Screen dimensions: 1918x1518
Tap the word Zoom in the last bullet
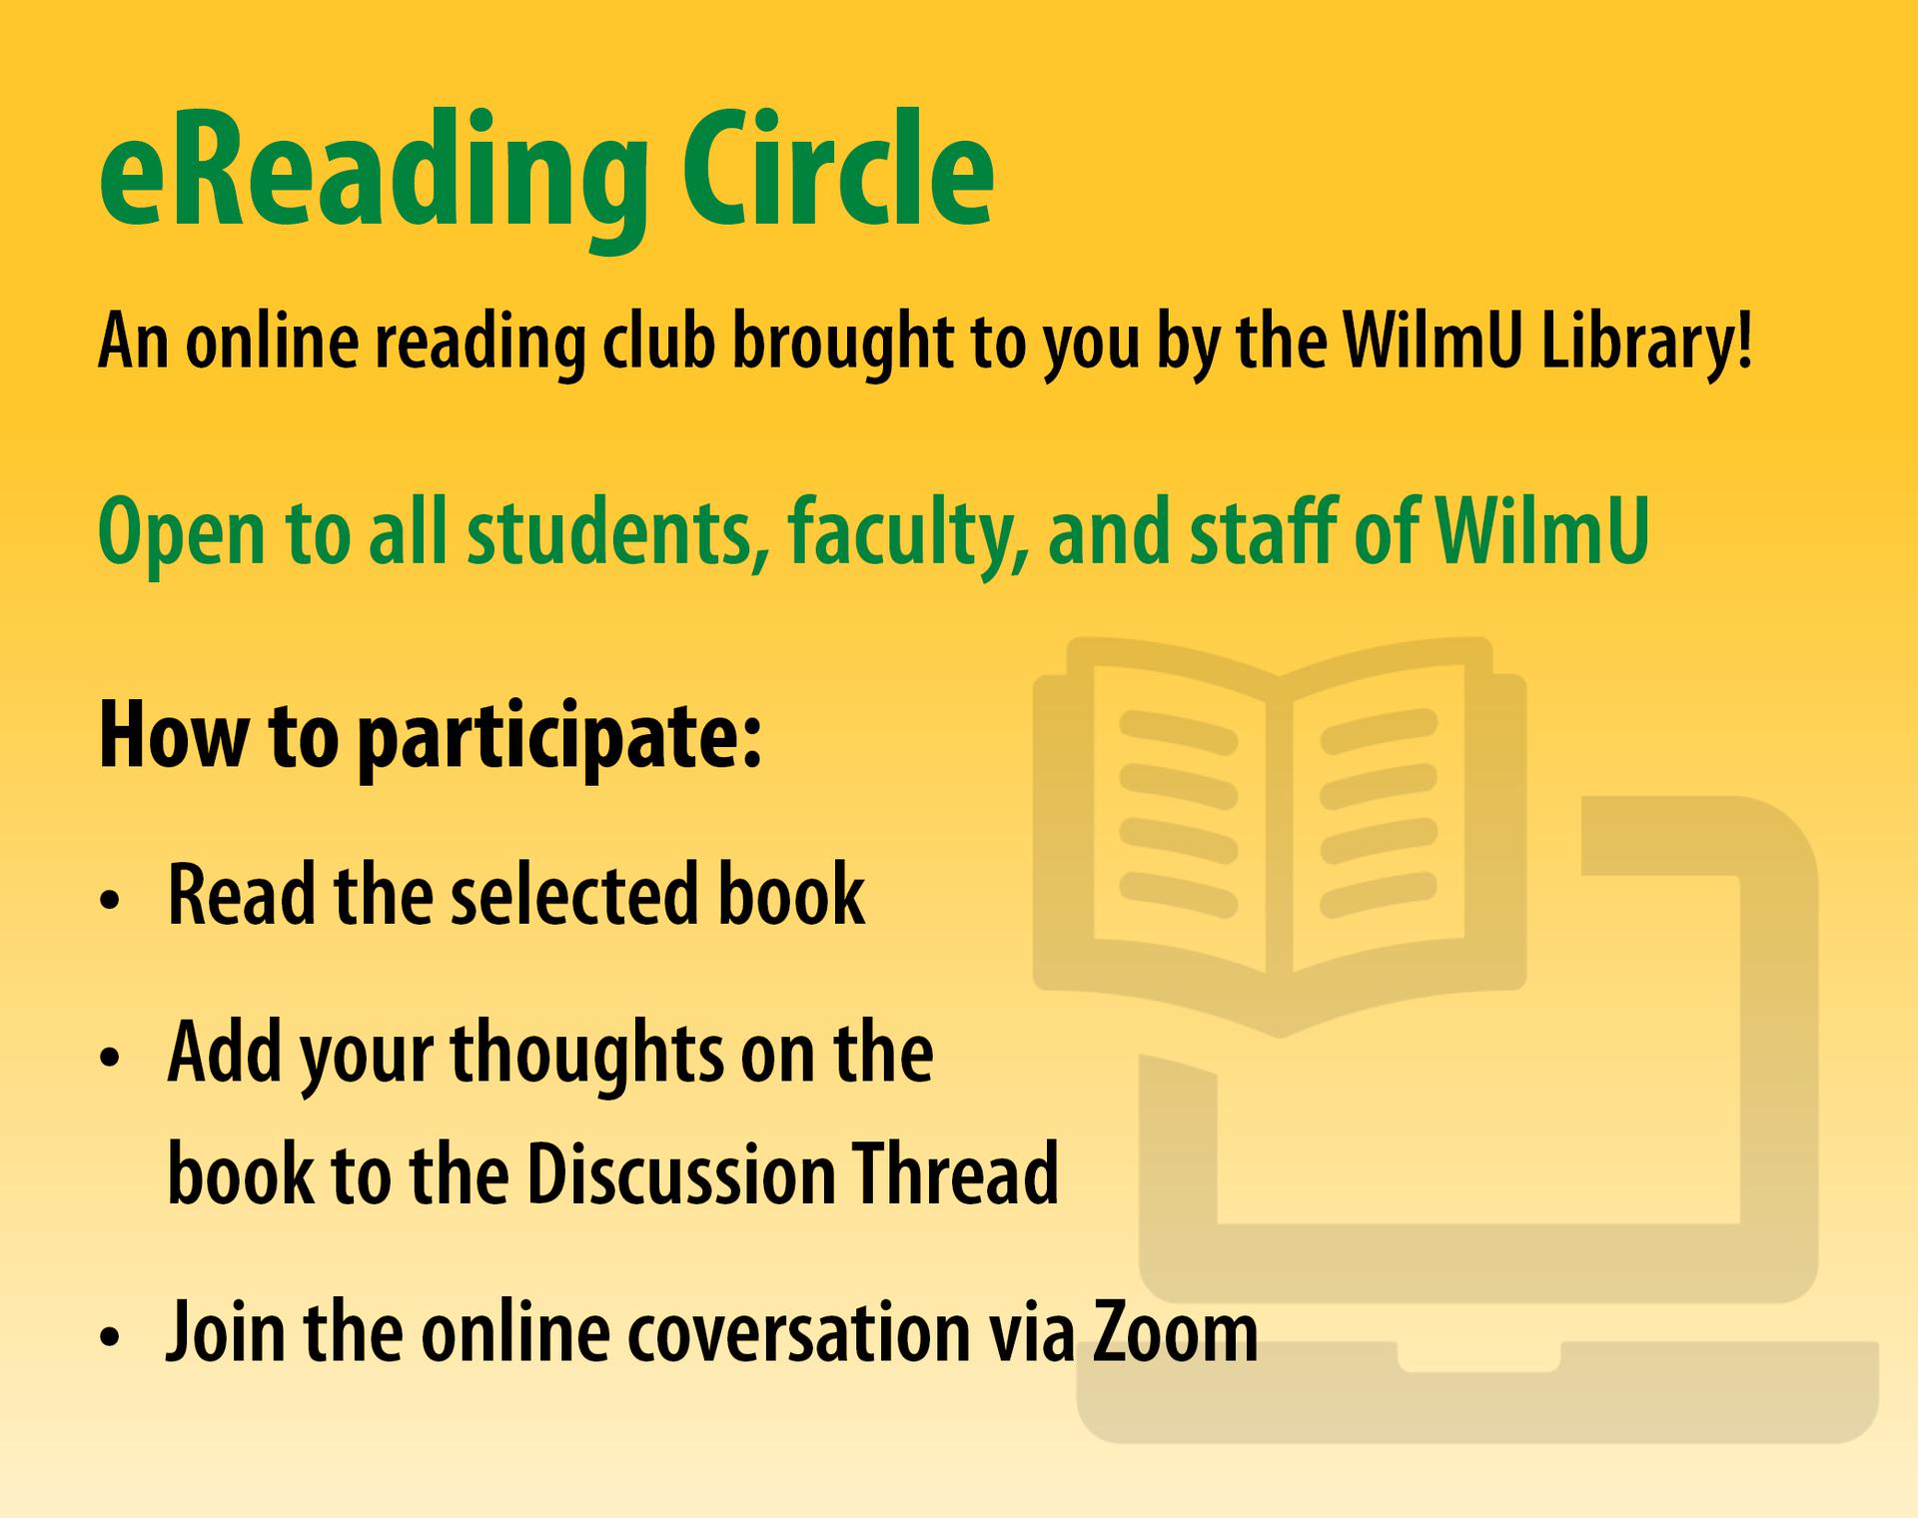click(1175, 1331)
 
